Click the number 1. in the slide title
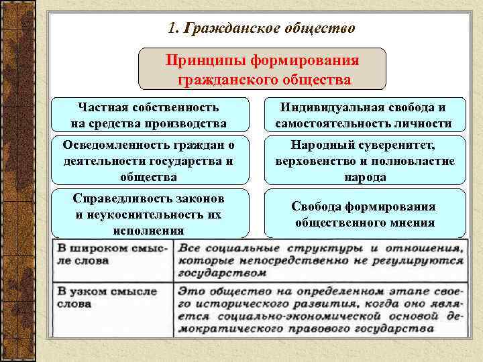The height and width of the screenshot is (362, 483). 173,28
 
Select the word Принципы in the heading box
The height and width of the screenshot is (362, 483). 205,60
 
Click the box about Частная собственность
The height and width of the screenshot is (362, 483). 148,115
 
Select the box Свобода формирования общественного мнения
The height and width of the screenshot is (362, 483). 365,215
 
